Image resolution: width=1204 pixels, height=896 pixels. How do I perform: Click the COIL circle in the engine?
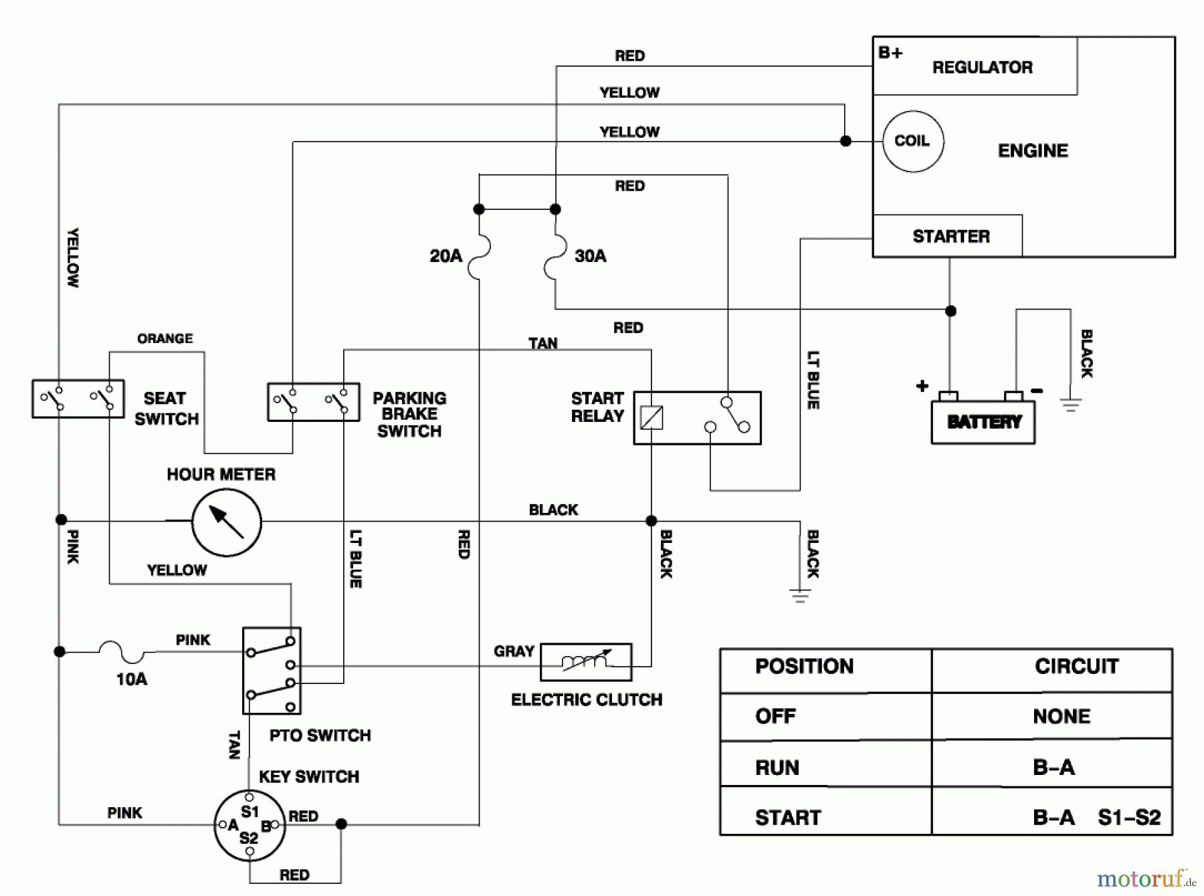[x=913, y=141]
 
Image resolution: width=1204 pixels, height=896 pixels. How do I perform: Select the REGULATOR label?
[x=982, y=68]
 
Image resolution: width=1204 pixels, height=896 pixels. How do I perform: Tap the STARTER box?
[x=950, y=236]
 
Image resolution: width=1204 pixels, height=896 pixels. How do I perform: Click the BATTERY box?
[x=983, y=422]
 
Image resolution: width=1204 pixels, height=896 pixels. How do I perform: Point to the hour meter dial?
[x=227, y=522]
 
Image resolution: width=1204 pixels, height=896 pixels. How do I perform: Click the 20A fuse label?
[x=445, y=256]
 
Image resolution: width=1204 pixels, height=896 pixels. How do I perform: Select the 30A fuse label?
[x=591, y=256]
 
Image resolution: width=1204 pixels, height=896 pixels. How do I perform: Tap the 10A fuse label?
[x=132, y=679]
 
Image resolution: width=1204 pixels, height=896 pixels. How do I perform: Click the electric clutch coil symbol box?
[x=586, y=662]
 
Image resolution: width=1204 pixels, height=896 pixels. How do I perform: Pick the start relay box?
[x=697, y=418]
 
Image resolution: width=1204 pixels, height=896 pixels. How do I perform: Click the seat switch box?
[x=78, y=399]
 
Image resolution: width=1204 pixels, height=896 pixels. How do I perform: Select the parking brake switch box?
[x=313, y=402]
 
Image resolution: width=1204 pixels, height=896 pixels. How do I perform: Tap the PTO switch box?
[x=272, y=671]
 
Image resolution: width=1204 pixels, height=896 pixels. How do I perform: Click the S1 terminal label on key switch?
[x=250, y=812]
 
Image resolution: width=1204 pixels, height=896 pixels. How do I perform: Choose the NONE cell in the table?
[x=1061, y=717]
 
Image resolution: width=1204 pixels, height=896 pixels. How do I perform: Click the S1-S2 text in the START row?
[x=1129, y=817]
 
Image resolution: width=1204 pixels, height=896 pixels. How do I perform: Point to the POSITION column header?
[x=804, y=667]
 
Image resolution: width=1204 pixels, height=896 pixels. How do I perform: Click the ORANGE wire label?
[x=165, y=338]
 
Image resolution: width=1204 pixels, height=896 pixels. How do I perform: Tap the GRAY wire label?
[x=514, y=651]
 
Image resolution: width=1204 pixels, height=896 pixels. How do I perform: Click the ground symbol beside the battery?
[x=1070, y=404]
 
